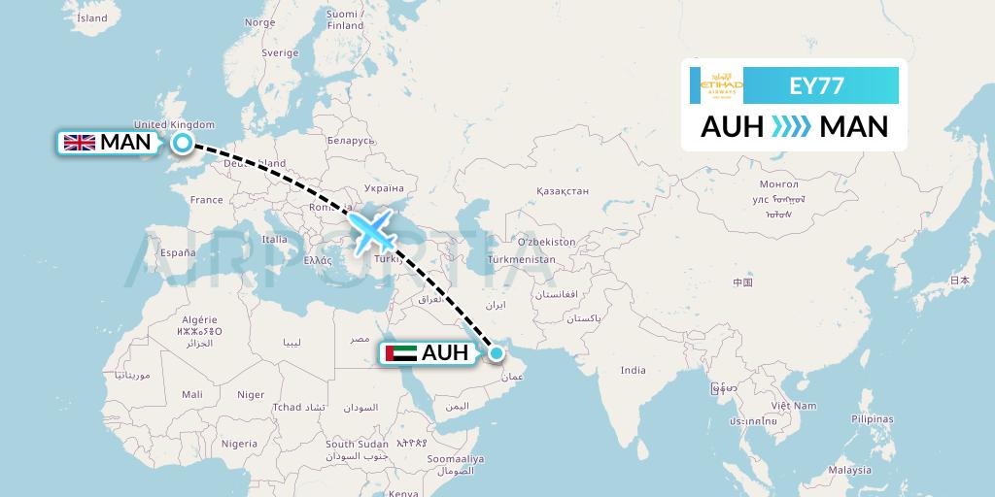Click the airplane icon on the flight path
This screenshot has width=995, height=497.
[373, 230]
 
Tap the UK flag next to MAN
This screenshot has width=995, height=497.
[79, 143]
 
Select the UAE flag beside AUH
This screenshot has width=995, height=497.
[401, 353]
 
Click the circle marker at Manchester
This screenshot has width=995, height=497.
[182, 144]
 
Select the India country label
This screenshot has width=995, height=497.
[634, 370]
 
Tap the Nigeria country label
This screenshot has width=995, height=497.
[239, 443]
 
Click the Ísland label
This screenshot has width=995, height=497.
[92, 17]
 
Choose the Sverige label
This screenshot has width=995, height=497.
[281, 52]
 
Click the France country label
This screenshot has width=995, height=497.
[206, 200]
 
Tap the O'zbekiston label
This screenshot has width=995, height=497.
[546, 242]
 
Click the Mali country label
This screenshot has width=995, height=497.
[191, 394]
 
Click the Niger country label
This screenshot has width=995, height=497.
[251, 395]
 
